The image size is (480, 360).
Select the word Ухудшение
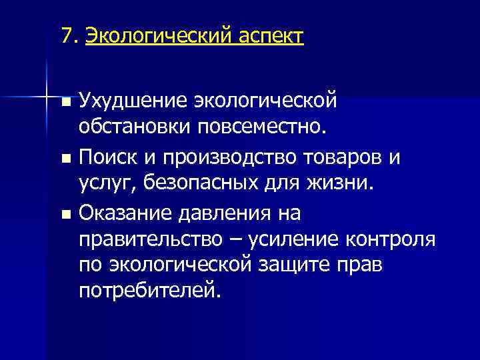pyautogui.click(x=132, y=101)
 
